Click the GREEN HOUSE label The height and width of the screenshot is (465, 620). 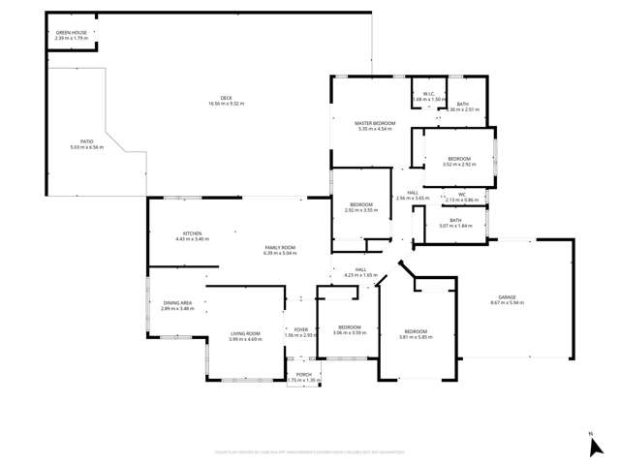point(72,33)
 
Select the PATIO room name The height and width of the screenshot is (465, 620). point(86,142)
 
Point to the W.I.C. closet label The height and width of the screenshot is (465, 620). point(427,94)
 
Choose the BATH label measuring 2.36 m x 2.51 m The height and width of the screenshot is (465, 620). point(463,104)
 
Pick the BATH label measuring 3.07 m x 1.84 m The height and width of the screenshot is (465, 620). point(455,220)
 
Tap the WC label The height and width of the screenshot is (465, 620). point(462,194)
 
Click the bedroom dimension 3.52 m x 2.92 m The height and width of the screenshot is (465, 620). point(459,164)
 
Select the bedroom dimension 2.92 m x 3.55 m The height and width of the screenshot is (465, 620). point(361,210)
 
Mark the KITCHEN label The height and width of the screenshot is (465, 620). point(192,233)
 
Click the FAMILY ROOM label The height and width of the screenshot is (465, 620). point(280,248)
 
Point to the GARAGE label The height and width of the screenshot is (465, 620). point(507,297)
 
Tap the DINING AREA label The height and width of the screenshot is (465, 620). point(177,303)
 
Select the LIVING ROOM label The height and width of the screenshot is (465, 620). point(245,333)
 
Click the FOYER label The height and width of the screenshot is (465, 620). point(300,330)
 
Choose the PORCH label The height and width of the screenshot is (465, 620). point(303,375)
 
